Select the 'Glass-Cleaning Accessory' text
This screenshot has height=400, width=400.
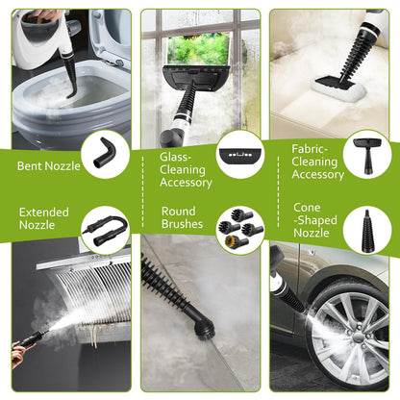184,167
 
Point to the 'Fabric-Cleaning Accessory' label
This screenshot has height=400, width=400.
317,161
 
